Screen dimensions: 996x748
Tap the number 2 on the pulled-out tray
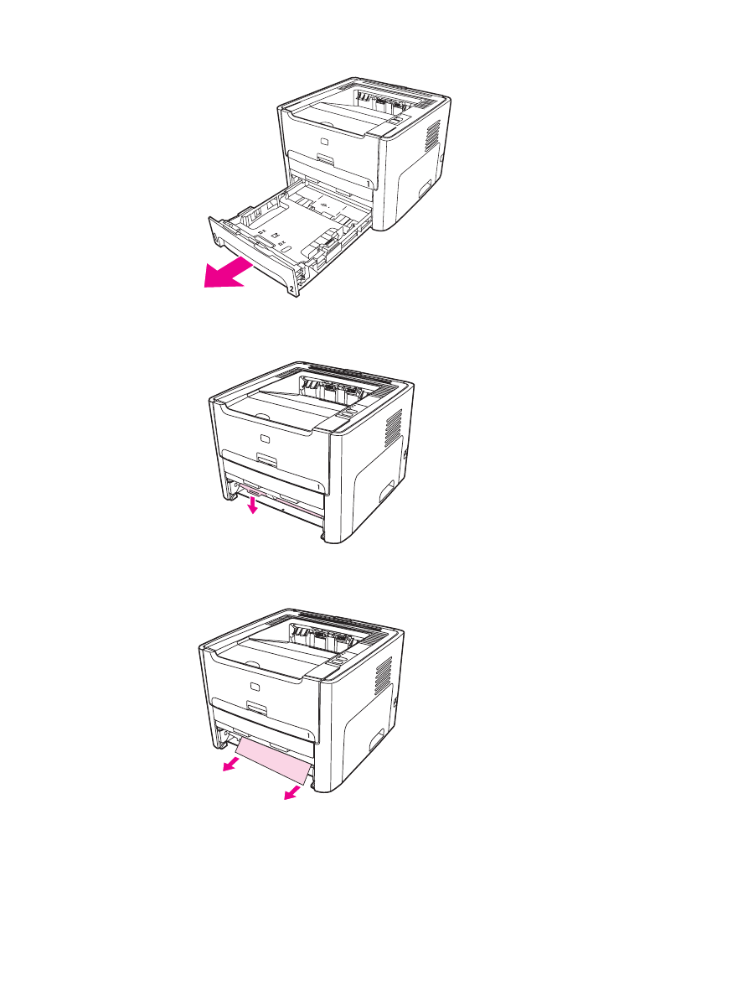(291, 288)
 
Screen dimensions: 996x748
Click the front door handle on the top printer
(324, 158)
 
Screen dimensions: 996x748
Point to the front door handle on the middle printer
(267, 460)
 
